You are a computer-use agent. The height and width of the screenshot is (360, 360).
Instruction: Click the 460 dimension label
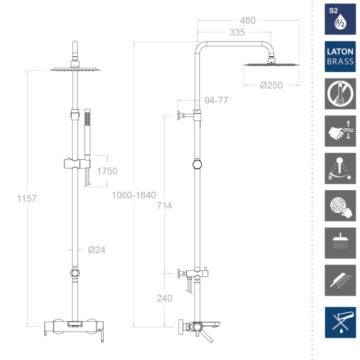coord(247,21)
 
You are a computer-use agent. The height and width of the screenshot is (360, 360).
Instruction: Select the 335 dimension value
coord(237,32)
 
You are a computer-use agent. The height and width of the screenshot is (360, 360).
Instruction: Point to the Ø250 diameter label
coord(271,85)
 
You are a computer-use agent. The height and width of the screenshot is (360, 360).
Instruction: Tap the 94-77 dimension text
coord(216,100)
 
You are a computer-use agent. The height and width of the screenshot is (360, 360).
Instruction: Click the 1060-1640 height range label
coord(134,195)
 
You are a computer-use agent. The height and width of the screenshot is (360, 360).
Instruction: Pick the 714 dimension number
coord(164,206)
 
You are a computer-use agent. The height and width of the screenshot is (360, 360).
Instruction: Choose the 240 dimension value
coord(164,298)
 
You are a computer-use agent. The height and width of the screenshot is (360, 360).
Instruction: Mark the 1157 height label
coord(27,198)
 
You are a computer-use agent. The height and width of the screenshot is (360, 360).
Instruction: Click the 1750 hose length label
coord(107,171)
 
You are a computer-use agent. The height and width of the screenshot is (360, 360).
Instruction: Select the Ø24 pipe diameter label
coord(97,250)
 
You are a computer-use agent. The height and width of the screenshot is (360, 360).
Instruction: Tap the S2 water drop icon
coord(340,19)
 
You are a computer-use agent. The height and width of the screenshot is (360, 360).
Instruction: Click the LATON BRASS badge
coord(340,57)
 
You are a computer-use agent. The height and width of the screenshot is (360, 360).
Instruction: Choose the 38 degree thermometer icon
coord(340,94)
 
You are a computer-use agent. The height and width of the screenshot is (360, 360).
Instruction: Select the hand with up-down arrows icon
coord(340,131)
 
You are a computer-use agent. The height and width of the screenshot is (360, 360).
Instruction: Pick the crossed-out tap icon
coord(340,322)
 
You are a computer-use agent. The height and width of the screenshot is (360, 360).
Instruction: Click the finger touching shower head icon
coord(340,206)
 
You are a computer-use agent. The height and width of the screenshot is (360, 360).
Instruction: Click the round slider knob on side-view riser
coord(197,164)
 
